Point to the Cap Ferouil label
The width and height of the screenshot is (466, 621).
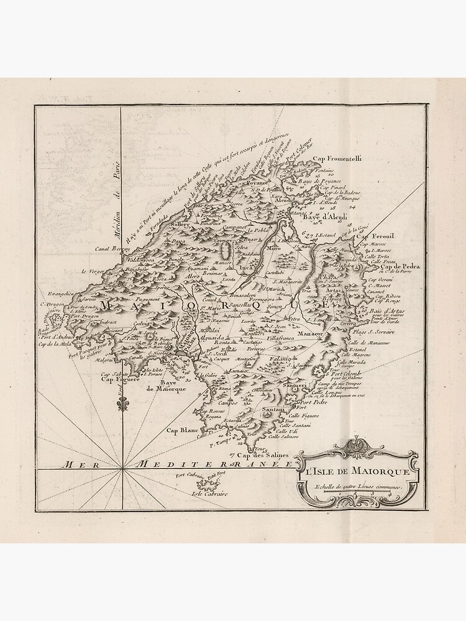pos(375,237)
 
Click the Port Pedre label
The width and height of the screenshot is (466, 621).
pos(314,402)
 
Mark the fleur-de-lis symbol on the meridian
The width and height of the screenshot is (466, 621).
pos(122,402)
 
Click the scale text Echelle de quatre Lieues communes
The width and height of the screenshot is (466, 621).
pos(359,487)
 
